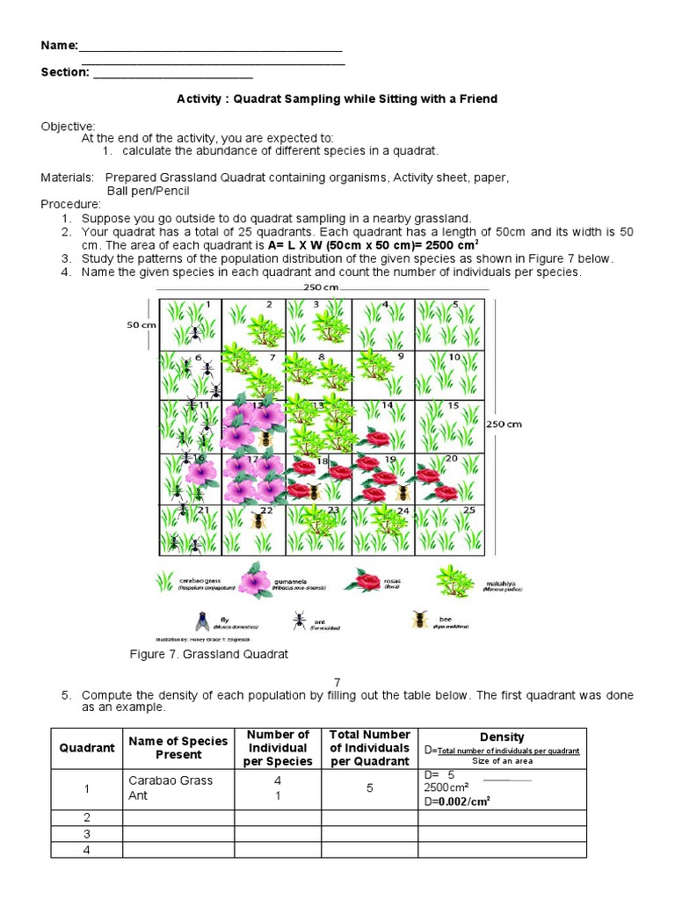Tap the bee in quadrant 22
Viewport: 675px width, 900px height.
258,520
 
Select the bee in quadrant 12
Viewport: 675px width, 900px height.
265,439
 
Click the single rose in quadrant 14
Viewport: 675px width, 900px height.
377,439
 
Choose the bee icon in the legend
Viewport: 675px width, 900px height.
420,620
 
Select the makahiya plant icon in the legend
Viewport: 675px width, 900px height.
457,579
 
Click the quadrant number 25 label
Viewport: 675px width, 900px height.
469,510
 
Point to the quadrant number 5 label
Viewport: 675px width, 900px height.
454,305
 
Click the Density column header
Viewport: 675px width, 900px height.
502,737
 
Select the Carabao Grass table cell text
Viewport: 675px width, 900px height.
171,780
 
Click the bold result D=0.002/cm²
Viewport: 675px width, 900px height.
456,802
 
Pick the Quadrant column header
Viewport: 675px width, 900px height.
87,748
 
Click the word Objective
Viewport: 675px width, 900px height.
68,127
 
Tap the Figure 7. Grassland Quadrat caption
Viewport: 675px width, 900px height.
209,655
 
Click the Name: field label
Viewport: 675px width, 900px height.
60,46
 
